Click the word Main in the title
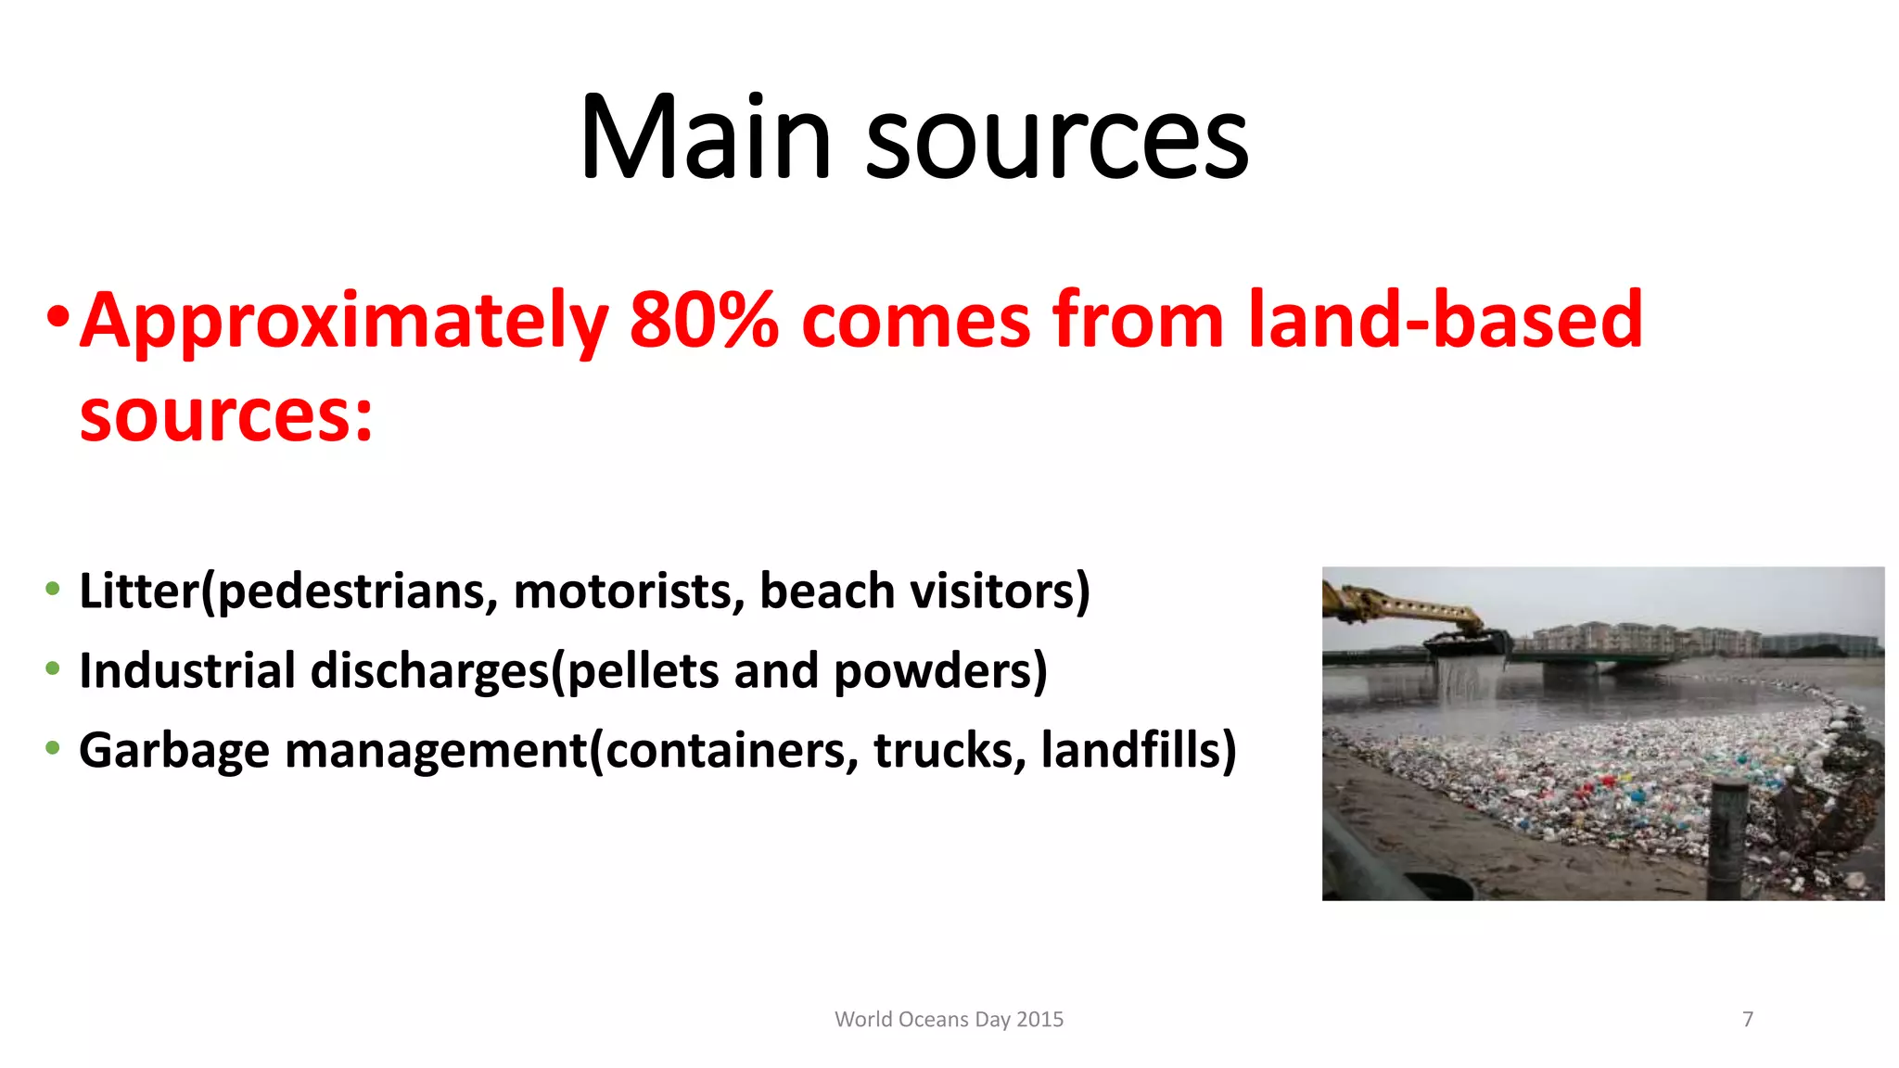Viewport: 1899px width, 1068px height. [705, 139]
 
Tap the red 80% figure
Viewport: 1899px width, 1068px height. [704, 320]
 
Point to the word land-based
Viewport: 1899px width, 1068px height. [1446, 320]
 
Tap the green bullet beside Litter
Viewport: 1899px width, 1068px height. [53, 589]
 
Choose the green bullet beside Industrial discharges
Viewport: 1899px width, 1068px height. [53, 668]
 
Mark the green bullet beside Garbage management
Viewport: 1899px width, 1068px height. [53, 747]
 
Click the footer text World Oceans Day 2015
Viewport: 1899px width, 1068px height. [949, 1019]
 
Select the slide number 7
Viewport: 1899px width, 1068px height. [1748, 1019]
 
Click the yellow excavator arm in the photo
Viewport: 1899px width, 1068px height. [1400, 607]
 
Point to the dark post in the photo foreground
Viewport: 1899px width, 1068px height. [1727, 834]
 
